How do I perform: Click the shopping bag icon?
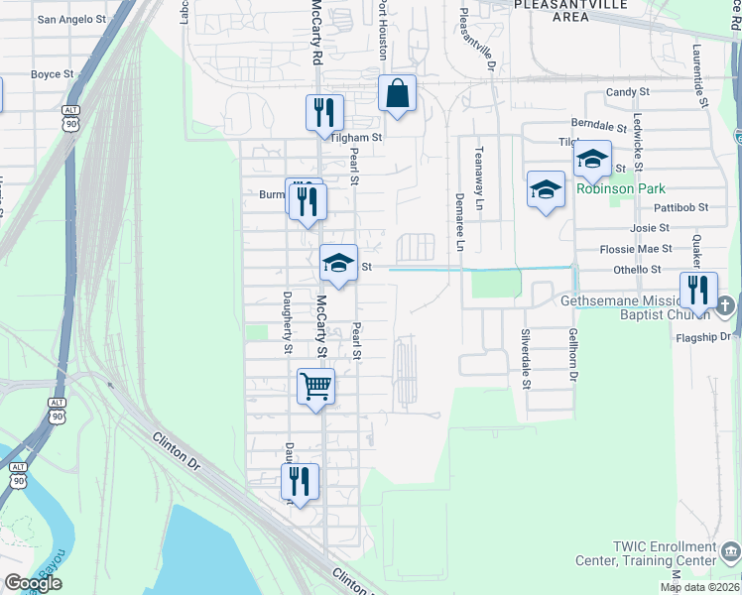click(x=397, y=94)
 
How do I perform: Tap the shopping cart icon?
click(x=315, y=386)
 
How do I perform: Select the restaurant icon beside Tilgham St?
click(x=323, y=113)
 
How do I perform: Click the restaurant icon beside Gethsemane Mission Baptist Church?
click(x=698, y=291)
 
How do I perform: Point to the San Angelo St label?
click(x=71, y=19)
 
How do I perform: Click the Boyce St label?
click(x=53, y=73)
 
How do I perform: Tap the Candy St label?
click(x=627, y=91)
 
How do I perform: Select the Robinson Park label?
click(x=621, y=188)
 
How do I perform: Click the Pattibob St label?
click(x=681, y=208)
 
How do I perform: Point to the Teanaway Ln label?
click(x=478, y=178)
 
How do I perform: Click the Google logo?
click(x=33, y=582)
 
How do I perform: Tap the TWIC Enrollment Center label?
click(x=664, y=553)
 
